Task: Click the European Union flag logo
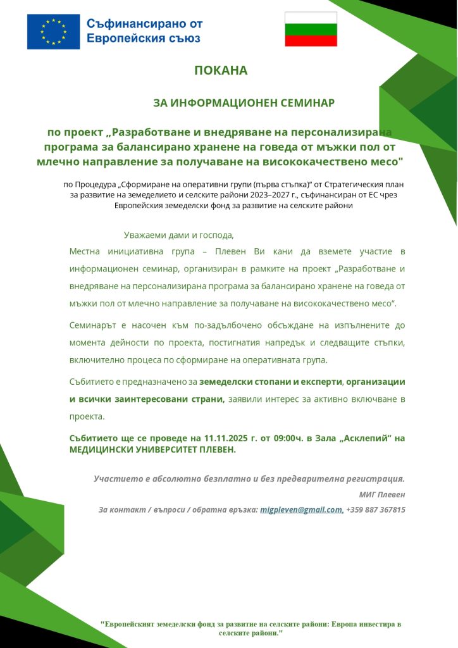(53, 32)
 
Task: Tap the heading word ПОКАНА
(221, 71)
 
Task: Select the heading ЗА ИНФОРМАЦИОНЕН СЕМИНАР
(244, 103)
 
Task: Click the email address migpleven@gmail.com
(302, 509)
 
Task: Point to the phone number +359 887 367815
(376, 509)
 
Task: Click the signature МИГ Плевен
(387, 494)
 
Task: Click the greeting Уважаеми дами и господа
(179, 235)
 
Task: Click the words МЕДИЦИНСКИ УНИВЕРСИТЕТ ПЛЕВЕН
(152, 449)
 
